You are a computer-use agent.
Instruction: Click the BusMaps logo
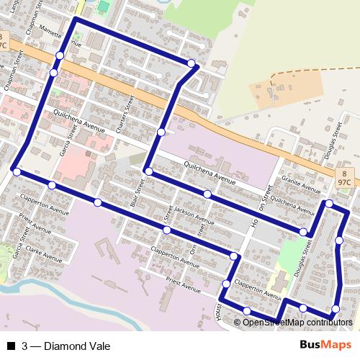[x=325, y=345]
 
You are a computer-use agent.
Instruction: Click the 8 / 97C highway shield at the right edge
[x=344, y=178]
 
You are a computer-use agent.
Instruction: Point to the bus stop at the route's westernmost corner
[x=16, y=171]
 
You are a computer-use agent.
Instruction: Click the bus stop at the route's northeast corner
[x=192, y=64]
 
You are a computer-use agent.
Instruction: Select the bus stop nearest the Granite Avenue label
[x=328, y=204]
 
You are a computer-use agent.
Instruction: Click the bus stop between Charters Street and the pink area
[x=161, y=132]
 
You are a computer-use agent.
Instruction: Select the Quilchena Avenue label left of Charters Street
[x=79, y=120]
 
